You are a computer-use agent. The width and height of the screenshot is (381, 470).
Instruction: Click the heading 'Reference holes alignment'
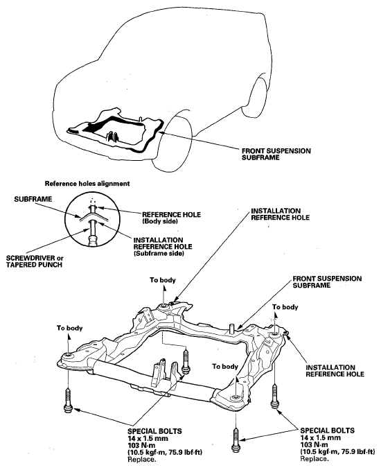click(x=87, y=184)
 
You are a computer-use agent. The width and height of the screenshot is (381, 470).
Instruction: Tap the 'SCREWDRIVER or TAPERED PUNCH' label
click(x=35, y=261)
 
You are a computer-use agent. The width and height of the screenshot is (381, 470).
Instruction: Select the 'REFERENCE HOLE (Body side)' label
click(x=171, y=218)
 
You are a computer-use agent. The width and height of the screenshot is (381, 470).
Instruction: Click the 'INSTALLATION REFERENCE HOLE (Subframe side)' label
click(x=163, y=247)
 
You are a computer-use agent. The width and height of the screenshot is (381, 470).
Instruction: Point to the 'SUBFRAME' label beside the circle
click(x=33, y=199)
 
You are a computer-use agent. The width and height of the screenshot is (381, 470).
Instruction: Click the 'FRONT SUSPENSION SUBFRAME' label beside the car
click(x=276, y=154)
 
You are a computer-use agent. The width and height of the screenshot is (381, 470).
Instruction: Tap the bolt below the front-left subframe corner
click(x=68, y=401)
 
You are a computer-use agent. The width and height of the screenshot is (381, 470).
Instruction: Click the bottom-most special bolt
click(x=236, y=439)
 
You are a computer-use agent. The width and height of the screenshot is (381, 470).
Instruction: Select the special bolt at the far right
click(x=274, y=397)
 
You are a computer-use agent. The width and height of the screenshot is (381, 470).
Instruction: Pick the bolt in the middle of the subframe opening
click(x=186, y=362)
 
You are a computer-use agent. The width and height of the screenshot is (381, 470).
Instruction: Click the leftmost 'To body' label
click(x=69, y=328)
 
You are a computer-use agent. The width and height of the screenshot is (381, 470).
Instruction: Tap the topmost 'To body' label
click(x=163, y=280)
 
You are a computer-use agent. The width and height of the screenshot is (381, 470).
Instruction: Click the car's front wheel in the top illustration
click(x=172, y=144)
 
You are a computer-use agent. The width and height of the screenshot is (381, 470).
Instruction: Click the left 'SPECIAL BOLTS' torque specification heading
click(x=154, y=431)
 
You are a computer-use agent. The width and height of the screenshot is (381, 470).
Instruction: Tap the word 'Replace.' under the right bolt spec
click(x=313, y=459)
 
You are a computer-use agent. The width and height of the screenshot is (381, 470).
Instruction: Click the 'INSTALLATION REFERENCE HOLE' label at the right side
click(x=335, y=371)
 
